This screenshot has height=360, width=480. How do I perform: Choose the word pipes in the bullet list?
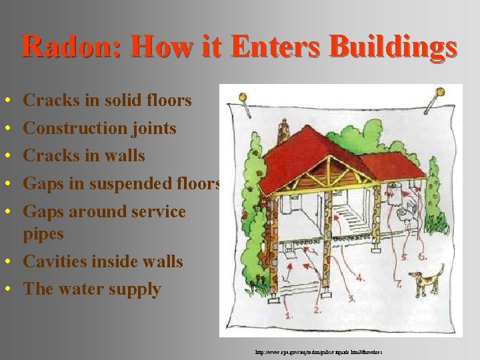coord(43,234)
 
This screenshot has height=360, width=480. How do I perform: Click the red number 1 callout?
coord(289,315)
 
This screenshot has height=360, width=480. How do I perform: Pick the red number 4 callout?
coord(361,277)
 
